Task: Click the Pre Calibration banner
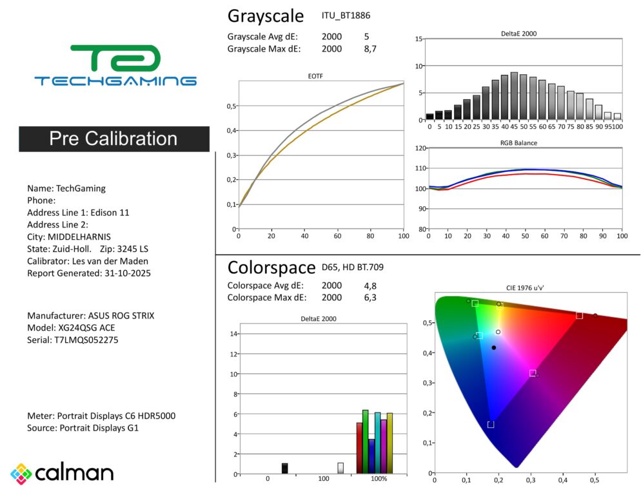pos(113,139)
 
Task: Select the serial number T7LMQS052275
pos(81,340)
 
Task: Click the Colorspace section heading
pos(271,267)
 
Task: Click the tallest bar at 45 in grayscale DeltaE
pos(514,96)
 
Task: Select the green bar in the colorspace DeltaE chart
pos(365,442)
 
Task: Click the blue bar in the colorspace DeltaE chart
pos(371,456)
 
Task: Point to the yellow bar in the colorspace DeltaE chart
pos(390,443)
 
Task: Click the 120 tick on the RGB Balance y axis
pos(420,148)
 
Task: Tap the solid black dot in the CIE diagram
pos(494,347)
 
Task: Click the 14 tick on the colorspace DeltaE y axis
pos(233,333)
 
